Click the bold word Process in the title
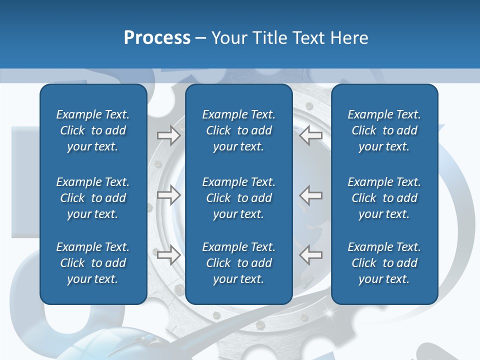(x=157, y=38)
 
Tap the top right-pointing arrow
(x=168, y=135)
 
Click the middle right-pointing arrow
(x=168, y=195)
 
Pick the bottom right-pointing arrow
(x=168, y=254)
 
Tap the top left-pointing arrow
(x=311, y=135)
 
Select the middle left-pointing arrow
(x=311, y=195)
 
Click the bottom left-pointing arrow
(x=311, y=254)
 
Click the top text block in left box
(x=93, y=130)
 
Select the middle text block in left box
(x=93, y=198)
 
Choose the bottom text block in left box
(x=93, y=263)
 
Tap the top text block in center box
(x=238, y=130)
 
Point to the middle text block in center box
(x=238, y=198)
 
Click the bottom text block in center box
(x=238, y=263)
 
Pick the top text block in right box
(x=384, y=130)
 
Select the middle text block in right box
(x=384, y=198)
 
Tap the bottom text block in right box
(x=384, y=263)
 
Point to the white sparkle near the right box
(x=329, y=313)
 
